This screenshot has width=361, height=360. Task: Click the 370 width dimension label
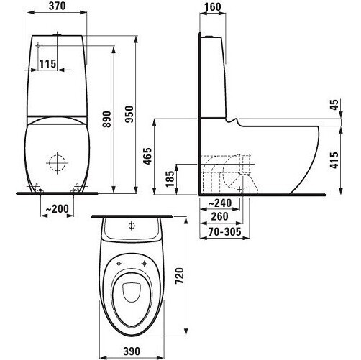click(x=57, y=6)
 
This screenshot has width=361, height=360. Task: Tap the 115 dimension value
click(x=47, y=64)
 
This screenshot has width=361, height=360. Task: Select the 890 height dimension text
click(x=107, y=119)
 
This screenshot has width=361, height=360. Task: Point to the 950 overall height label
click(x=129, y=114)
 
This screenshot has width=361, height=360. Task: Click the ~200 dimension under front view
click(x=57, y=208)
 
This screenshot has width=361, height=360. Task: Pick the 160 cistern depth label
click(x=213, y=7)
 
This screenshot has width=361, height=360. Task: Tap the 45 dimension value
click(x=334, y=104)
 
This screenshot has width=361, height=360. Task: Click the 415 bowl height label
click(x=334, y=160)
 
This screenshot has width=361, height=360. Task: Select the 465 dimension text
click(x=147, y=156)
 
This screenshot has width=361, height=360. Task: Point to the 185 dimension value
click(x=170, y=179)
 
